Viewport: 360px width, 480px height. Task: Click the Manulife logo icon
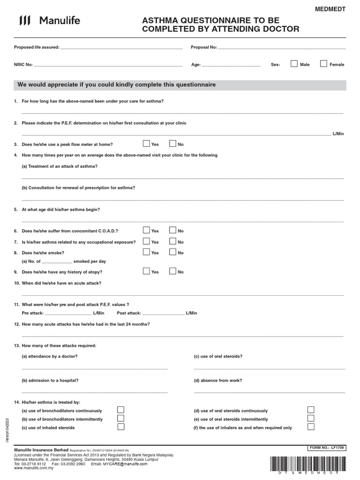point(25,20)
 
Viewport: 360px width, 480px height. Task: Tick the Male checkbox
point(294,64)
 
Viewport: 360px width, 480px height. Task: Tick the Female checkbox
point(323,64)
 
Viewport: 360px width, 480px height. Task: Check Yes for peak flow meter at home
point(146,144)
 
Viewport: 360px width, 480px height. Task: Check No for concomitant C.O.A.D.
point(172,230)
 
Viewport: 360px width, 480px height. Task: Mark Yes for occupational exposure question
point(146,241)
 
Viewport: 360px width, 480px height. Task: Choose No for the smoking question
point(172,252)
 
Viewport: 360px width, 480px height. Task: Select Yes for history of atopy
point(146,271)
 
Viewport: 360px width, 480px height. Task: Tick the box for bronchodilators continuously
point(120,410)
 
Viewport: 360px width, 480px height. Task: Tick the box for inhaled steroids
point(120,427)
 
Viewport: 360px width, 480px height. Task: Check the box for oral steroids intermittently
point(311,418)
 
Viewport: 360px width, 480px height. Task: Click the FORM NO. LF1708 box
point(326,448)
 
